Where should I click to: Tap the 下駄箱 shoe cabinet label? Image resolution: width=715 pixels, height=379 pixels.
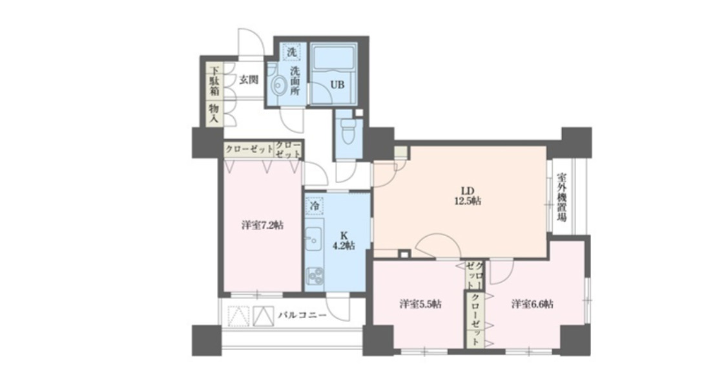(212, 81)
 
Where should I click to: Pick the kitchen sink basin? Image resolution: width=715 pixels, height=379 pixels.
(312, 242)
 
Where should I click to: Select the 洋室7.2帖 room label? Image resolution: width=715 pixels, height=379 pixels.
(263, 226)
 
